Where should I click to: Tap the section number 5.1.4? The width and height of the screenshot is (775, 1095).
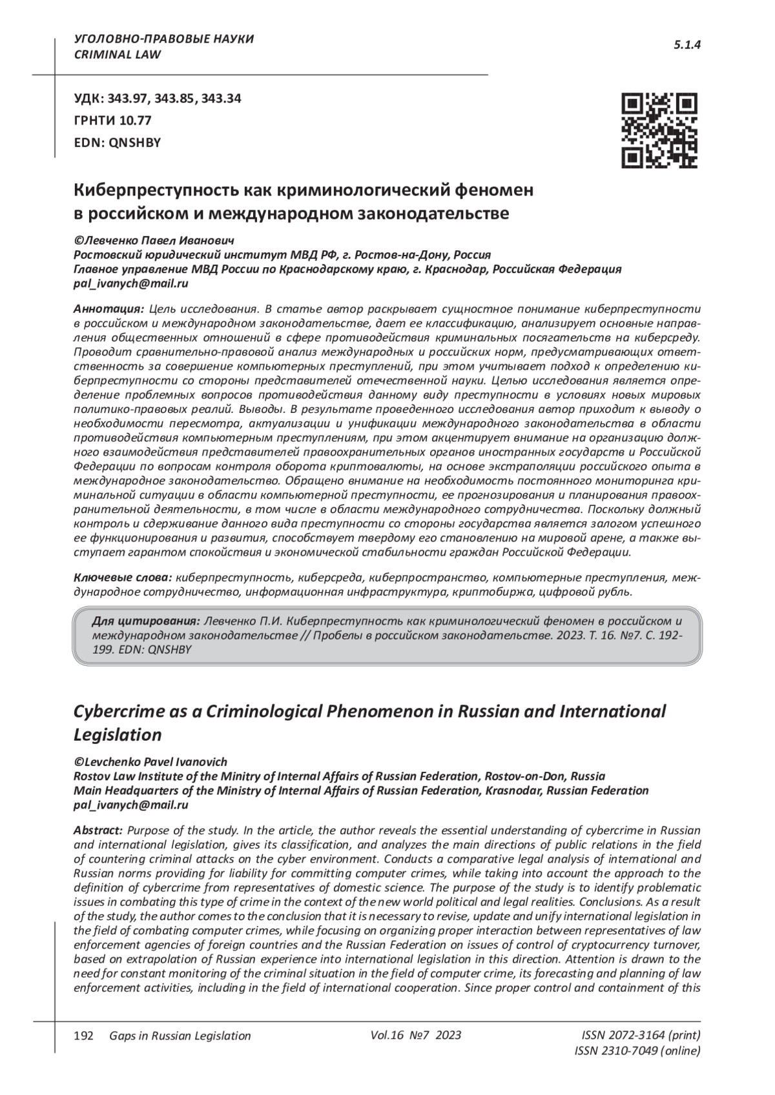687,45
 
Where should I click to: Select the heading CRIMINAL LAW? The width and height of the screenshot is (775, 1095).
118,55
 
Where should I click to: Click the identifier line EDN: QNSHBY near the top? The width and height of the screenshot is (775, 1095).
117,143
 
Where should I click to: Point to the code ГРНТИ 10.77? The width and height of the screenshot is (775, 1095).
112,121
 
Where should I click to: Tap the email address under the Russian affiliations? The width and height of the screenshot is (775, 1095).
131,283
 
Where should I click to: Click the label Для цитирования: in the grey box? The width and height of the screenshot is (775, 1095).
145,621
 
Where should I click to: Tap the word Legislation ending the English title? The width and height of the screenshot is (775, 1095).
118,735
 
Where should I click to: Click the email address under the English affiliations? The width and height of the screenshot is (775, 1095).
131,805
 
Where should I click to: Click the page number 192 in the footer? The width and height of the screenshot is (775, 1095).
85,1036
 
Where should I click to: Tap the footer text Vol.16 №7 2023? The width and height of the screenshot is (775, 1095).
416,1035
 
